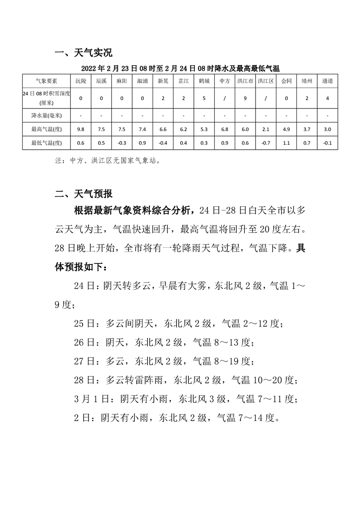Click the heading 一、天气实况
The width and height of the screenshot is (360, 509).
click(x=83, y=53)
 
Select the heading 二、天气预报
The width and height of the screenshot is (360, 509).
click(x=83, y=194)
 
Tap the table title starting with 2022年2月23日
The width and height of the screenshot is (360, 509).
click(x=180, y=69)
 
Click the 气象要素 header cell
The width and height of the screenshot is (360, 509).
click(x=46, y=81)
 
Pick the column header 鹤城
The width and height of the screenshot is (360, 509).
click(x=204, y=81)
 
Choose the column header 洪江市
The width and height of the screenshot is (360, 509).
click(x=245, y=81)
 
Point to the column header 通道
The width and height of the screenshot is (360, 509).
click(x=327, y=81)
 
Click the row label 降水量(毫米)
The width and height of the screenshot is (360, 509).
click(x=46, y=116)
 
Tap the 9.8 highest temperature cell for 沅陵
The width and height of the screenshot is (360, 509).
click(x=81, y=129)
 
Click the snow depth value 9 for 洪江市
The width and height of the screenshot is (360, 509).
click(x=245, y=98)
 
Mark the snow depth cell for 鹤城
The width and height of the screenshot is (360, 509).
click(x=204, y=98)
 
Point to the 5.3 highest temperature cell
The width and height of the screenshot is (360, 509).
click(x=204, y=129)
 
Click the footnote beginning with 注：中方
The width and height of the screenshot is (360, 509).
click(x=107, y=160)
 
